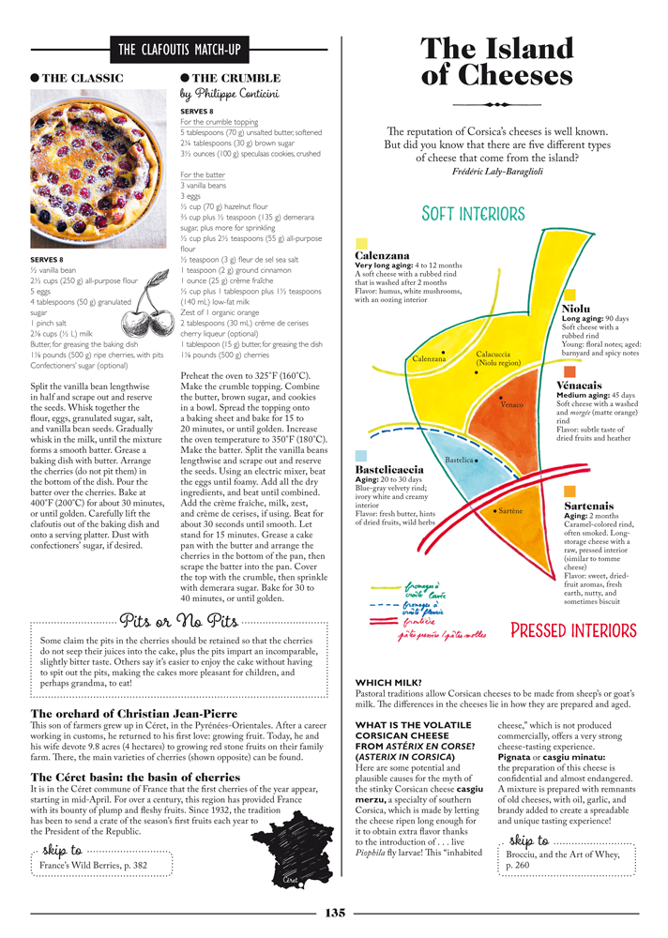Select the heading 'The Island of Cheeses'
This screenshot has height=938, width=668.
coord(497,62)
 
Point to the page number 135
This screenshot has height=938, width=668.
coord(334,912)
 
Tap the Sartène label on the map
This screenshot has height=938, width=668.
coord(510,511)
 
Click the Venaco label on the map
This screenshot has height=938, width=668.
coord(512,404)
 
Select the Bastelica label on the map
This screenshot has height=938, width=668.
coord(459,461)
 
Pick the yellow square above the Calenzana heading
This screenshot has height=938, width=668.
coord(361,244)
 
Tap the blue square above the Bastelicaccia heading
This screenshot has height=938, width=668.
coord(361,457)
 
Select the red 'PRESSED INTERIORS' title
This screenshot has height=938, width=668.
coord(573,630)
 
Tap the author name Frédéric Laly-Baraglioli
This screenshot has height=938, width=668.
coord(496,172)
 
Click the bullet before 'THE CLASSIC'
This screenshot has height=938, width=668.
coord(36,78)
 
